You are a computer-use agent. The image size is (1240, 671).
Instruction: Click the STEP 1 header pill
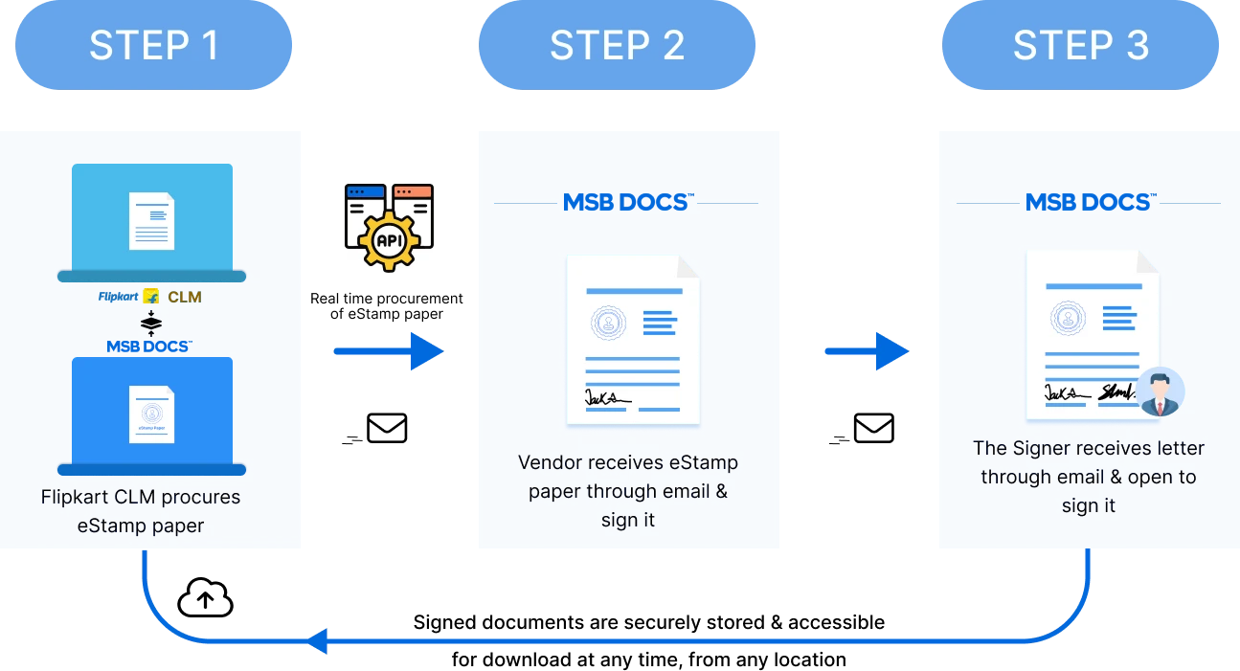153,46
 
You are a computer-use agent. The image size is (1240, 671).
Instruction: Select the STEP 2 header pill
617,46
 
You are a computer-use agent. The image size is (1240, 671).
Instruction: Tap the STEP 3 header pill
1081,46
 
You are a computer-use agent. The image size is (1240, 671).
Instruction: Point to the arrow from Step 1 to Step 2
387,352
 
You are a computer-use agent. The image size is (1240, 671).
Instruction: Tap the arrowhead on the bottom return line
319,642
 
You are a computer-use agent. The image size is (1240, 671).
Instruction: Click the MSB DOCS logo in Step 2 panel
626,203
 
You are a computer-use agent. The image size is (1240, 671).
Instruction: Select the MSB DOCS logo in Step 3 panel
1089,203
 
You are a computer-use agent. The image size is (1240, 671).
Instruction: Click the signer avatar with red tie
1161,392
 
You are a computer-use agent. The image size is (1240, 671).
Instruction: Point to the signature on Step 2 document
607,396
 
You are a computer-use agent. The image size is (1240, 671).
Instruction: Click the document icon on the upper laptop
151,220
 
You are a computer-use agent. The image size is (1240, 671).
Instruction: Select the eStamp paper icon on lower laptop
151,414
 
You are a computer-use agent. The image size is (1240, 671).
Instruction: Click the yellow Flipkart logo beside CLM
151,297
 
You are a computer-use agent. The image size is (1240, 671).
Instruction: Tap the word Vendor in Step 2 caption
550,463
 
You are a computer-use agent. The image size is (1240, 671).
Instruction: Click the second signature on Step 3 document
1116,391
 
